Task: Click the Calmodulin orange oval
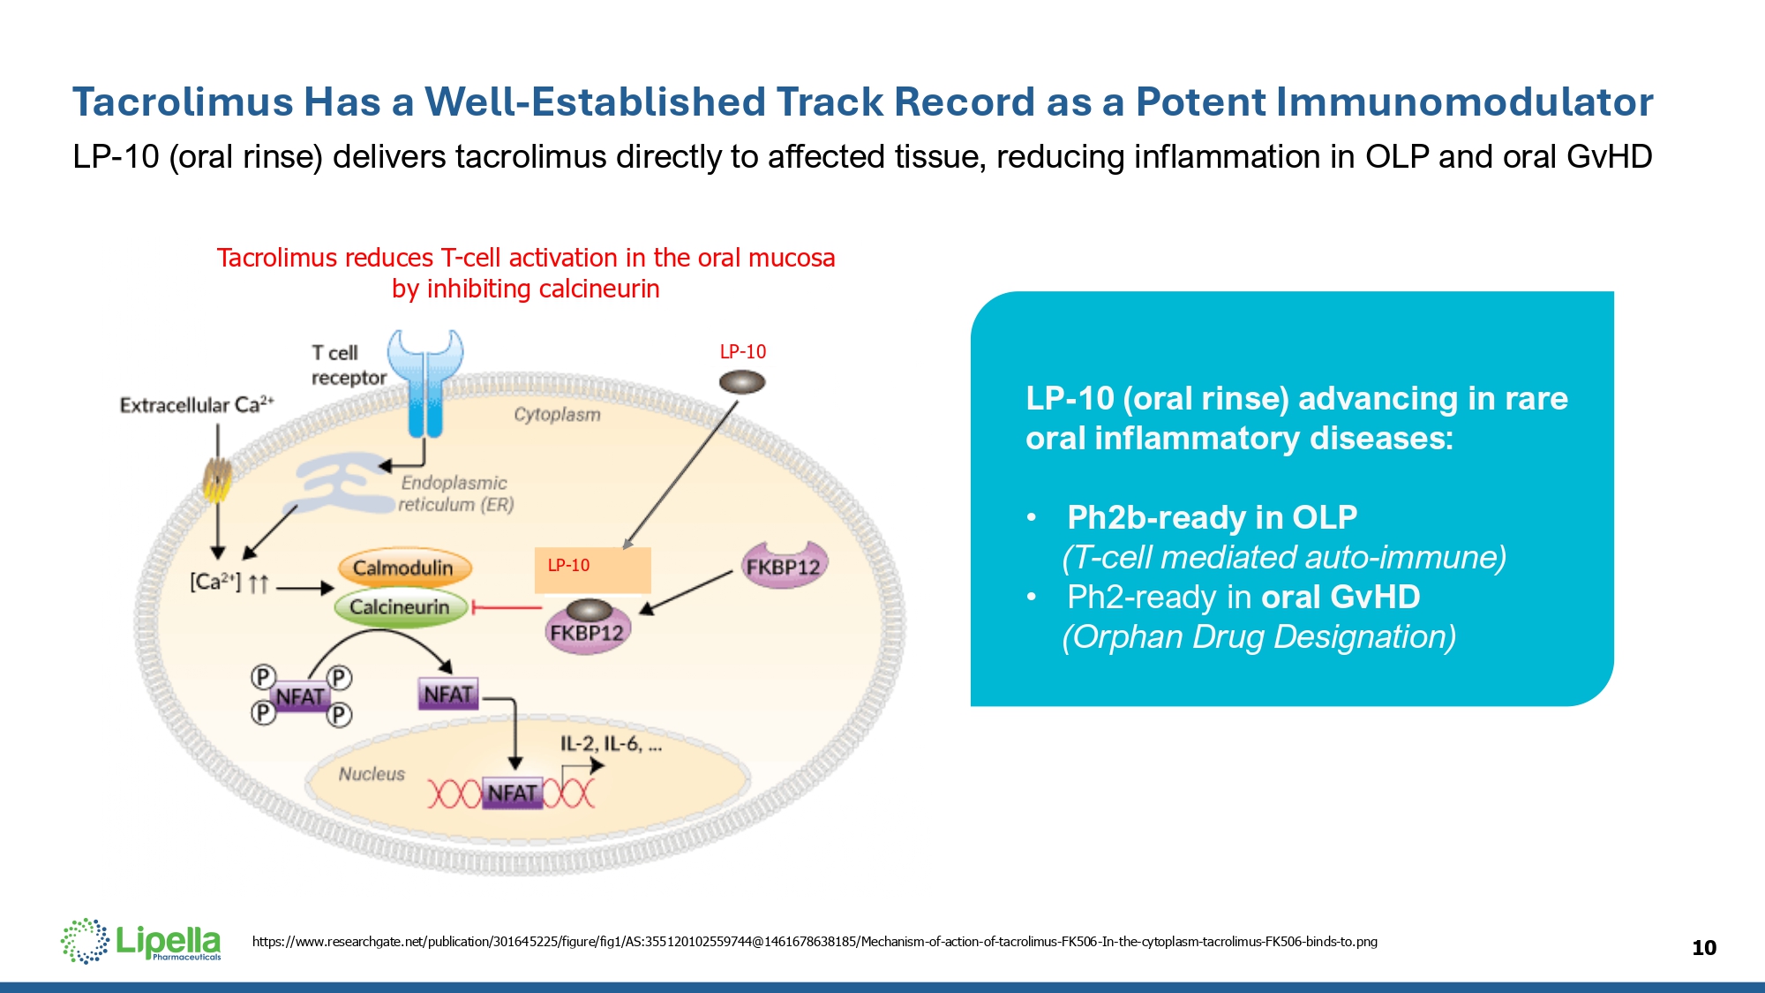click(404, 568)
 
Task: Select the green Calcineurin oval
click(400, 607)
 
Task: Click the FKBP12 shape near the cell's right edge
click(783, 566)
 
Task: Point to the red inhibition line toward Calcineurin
click(508, 607)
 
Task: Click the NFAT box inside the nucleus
click(512, 794)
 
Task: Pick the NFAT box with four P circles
click(300, 697)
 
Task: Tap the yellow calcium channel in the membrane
click(217, 480)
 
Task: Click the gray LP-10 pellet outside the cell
click(742, 382)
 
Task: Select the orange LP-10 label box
click(593, 569)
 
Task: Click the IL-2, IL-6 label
click(611, 744)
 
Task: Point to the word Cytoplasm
click(557, 414)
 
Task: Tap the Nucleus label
click(372, 774)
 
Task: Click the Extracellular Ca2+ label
click(197, 405)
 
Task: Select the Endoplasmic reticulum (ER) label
click(455, 493)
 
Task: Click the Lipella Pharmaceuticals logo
click(141, 941)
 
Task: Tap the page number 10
click(1703, 948)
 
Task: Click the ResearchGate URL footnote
click(814, 942)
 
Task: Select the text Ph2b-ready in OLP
click(1212, 517)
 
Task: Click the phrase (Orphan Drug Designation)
click(1258, 636)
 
